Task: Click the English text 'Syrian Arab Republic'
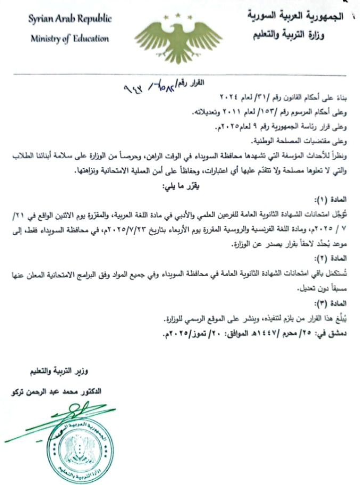coord(70,19)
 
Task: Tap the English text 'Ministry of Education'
coord(70,38)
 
